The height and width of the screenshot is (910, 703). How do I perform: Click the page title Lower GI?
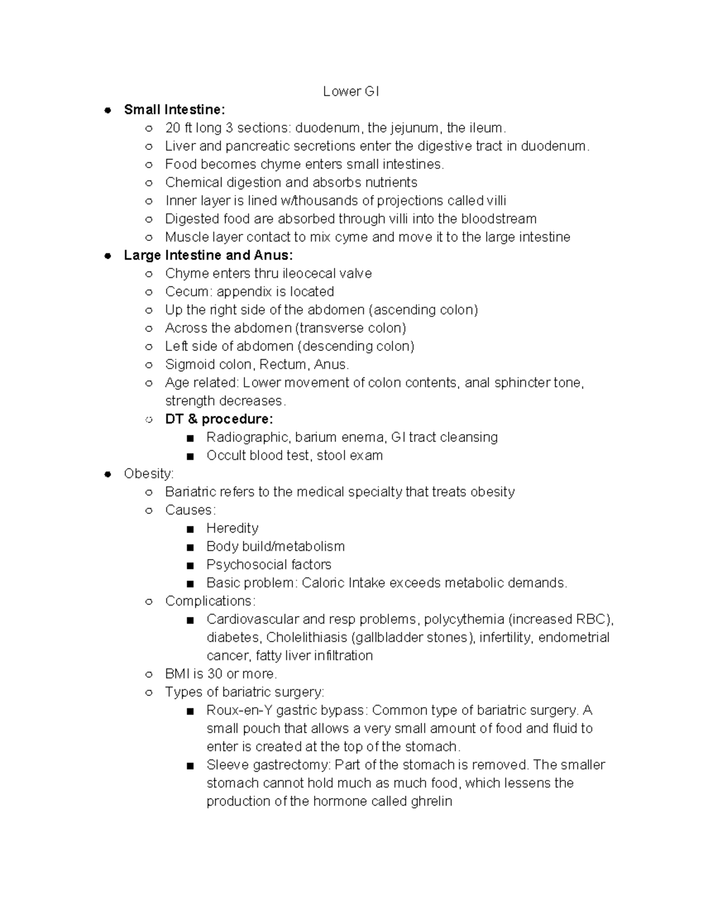pyautogui.click(x=351, y=91)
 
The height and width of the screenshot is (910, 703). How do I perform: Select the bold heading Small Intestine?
pyautogui.click(x=174, y=110)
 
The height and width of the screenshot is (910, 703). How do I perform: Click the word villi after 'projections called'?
pyautogui.click(x=496, y=200)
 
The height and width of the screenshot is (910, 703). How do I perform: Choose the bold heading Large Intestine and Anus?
pyautogui.click(x=208, y=255)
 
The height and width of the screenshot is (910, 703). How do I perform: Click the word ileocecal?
pyautogui.click(x=310, y=273)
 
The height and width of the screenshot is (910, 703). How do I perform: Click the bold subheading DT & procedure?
pyautogui.click(x=219, y=419)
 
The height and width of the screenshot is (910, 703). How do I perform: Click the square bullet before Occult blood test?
pyautogui.click(x=189, y=456)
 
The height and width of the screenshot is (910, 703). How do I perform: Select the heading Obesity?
pyautogui.click(x=149, y=473)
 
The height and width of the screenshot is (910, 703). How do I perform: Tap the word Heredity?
pyautogui.click(x=232, y=528)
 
